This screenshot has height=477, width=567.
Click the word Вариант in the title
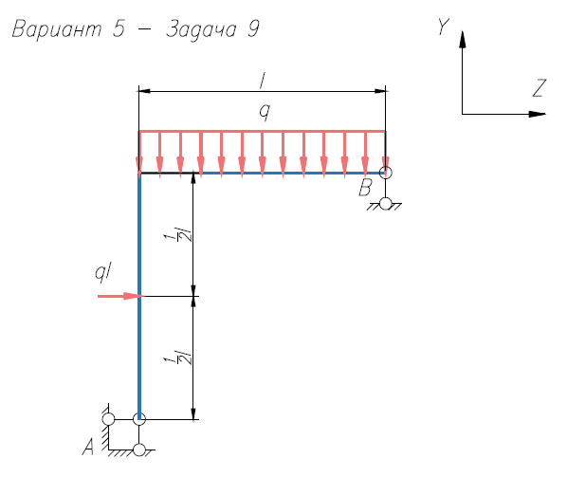tap(57, 28)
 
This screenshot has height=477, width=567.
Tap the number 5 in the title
tap(119, 28)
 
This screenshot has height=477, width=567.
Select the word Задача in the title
tap(201, 29)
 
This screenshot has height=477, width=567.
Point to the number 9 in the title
tap(254, 28)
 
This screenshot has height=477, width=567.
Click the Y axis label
tap(444, 27)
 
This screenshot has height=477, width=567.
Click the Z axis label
tap(540, 88)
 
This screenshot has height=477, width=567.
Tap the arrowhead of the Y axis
tap(462, 39)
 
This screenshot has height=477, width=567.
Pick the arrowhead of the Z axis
tap(537, 115)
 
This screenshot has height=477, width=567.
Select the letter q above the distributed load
tap(265, 112)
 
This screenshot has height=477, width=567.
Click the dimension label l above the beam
tap(263, 81)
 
